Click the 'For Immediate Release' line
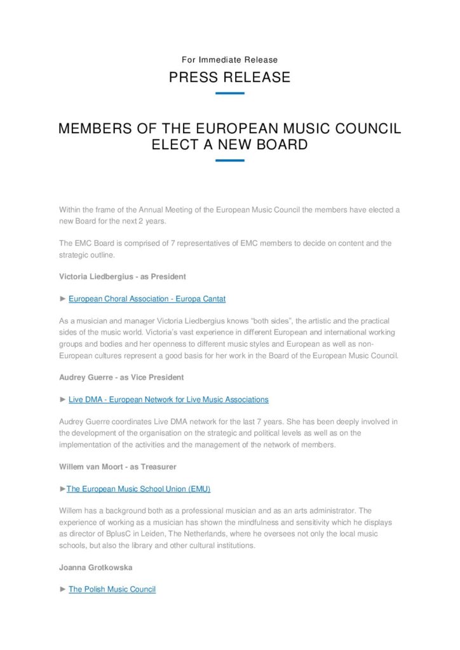(229, 60)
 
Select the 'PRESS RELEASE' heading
(229, 77)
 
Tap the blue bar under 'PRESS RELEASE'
(229, 93)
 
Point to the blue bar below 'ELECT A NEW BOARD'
(229, 161)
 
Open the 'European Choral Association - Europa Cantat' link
(147, 298)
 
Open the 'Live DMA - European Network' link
(168, 399)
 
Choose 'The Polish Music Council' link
(112, 589)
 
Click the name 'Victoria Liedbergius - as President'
(122, 277)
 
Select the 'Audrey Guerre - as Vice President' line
(121, 377)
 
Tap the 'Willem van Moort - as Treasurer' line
(118, 467)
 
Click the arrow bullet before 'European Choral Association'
(62, 298)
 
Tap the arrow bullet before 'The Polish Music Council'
(62, 589)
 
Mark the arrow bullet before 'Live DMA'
(62, 399)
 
